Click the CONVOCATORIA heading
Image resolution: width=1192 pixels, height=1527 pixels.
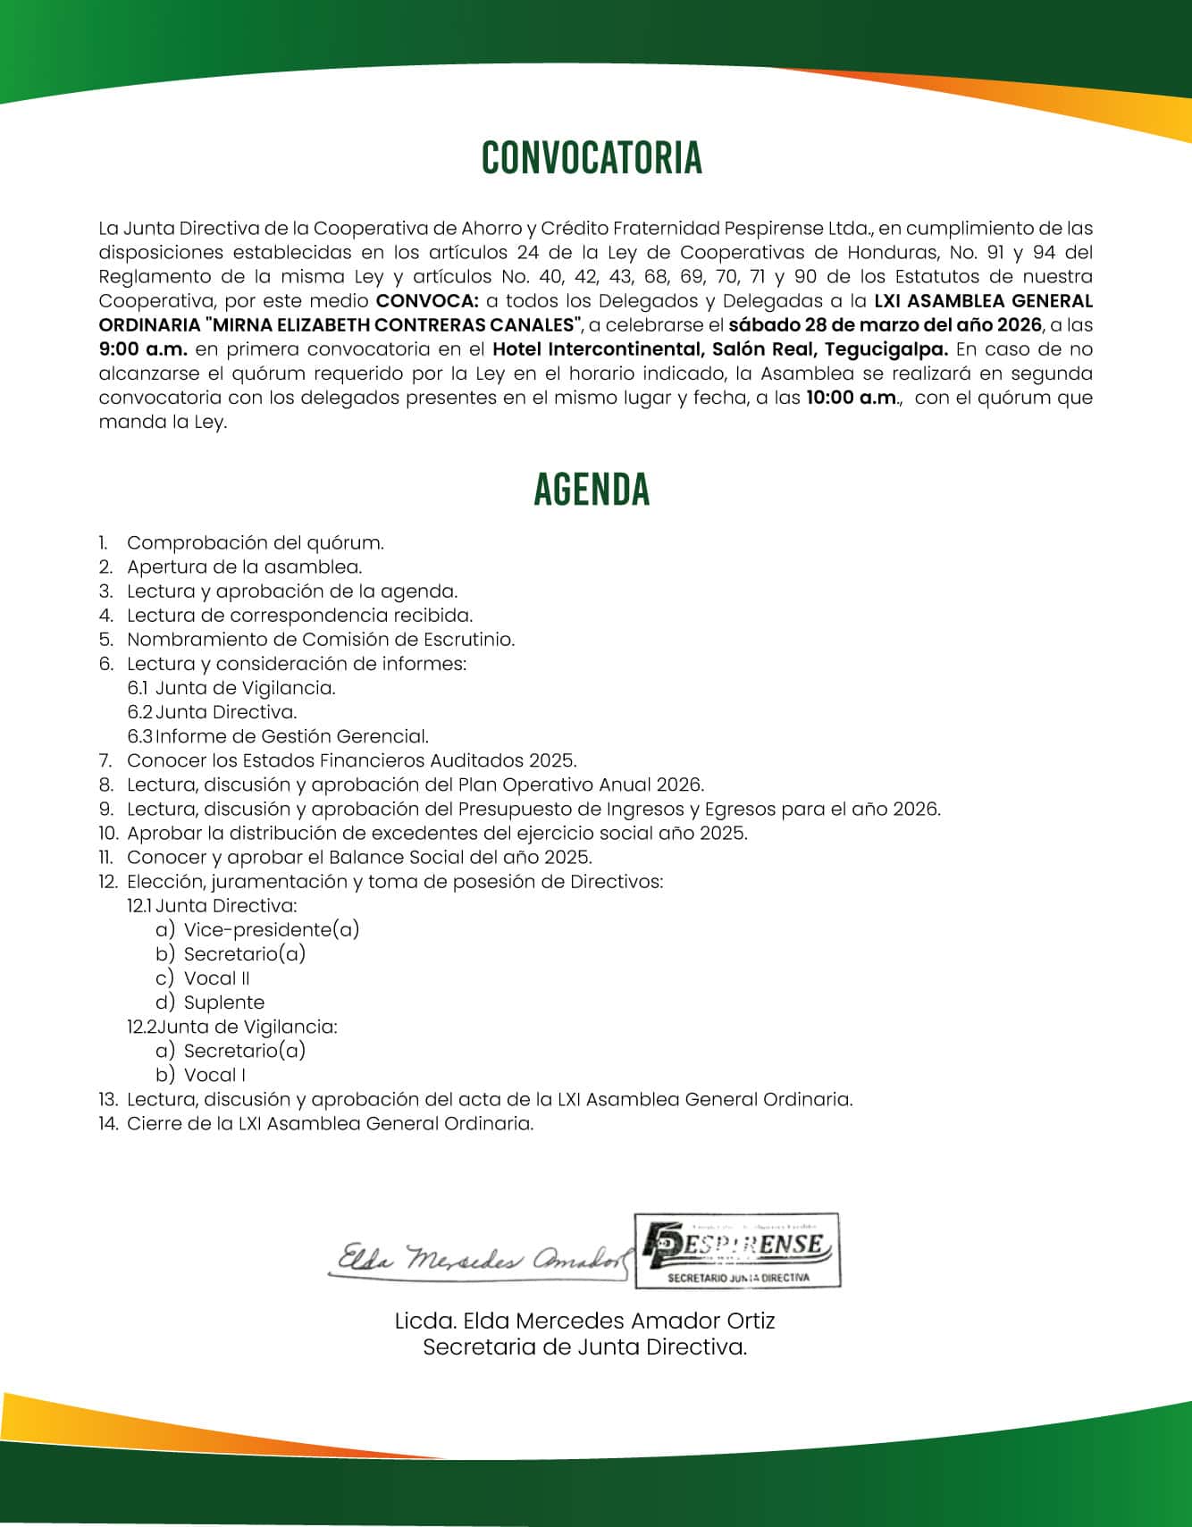tap(592, 158)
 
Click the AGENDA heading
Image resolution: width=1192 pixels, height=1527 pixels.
tap(592, 490)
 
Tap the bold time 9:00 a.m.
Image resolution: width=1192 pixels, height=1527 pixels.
tap(143, 349)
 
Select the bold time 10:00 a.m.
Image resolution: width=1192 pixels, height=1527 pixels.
tap(852, 398)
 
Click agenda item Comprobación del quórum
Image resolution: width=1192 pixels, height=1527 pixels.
tap(256, 543)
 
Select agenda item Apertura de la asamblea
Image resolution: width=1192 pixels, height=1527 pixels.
tap(244, 567)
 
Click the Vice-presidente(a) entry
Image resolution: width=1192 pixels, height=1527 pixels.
tap(272, 930)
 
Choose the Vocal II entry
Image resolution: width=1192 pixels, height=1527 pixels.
tap(217, 978)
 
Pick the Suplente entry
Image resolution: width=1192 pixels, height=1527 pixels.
tap(224, 1003)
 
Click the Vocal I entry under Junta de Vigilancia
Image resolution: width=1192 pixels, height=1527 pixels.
tap(215, 1075)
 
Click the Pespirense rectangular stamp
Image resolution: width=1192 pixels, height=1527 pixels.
tap(737, 1250)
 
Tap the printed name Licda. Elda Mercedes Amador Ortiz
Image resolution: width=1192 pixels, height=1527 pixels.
tap(585, 1321)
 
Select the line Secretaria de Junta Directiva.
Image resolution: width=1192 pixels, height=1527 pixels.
tap(585, 1347)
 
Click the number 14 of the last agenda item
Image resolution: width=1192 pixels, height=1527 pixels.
tap(108, 1124)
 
